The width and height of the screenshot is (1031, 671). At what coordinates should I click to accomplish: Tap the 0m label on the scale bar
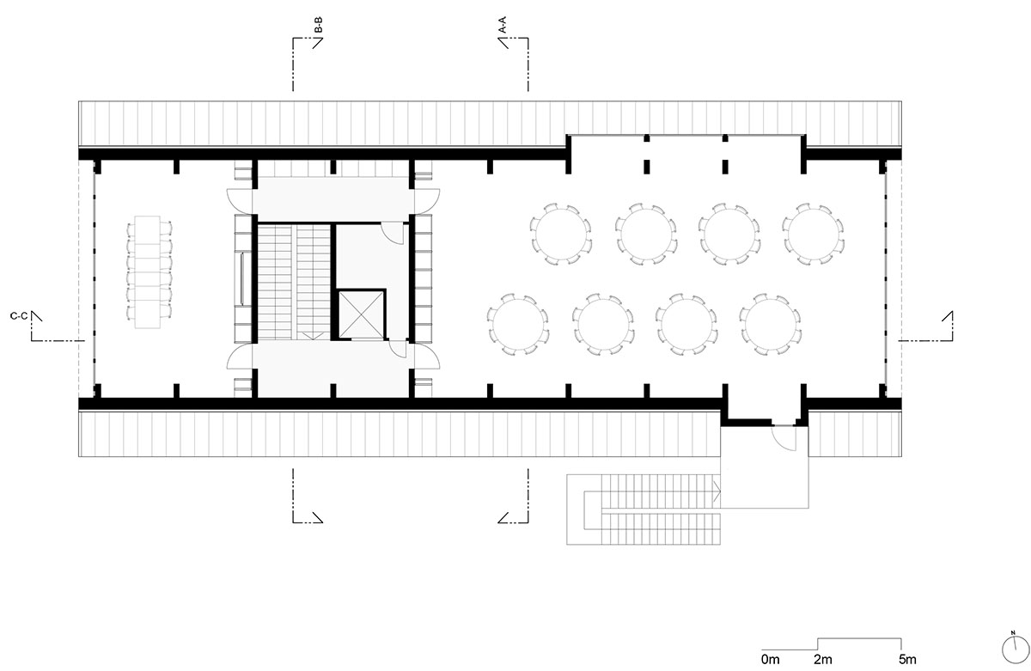[771, 660]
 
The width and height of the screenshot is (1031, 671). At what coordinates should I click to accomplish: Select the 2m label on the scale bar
[822, 660]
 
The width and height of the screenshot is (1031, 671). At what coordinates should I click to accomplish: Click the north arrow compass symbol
[1014, 648]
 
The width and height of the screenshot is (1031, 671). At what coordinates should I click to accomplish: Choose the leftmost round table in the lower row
[519, 324]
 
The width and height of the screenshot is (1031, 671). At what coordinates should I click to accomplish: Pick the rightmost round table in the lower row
[771, 324]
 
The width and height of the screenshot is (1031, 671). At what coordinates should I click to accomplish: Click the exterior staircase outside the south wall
[644, 509]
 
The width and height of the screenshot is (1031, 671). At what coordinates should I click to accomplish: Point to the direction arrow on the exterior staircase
[715, 491]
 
